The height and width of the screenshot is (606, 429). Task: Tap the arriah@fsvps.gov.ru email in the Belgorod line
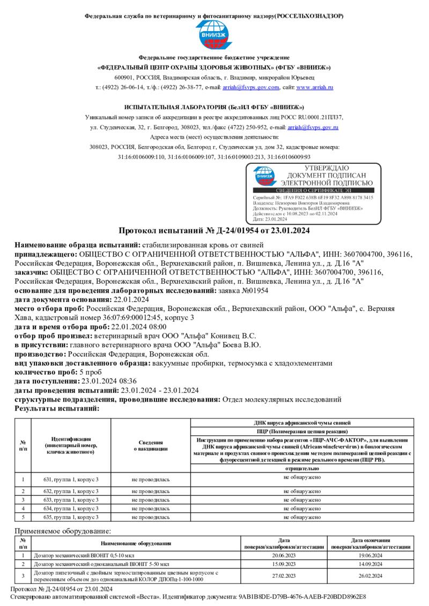[x=313, y=127]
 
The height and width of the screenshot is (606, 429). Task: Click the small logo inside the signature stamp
[x=265, y=176]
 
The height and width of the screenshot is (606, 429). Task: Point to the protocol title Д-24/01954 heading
[x=214, y=231]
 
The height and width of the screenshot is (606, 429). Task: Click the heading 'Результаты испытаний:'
[x=57, y=408]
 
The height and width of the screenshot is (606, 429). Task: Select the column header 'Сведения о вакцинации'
[x=151, y=445]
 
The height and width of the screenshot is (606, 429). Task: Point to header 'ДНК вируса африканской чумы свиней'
[x=302, y=422]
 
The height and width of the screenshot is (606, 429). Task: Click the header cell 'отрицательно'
[x=302, y=468]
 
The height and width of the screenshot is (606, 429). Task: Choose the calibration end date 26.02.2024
[x=371, y=575]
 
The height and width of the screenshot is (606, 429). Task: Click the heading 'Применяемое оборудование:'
[x=63, y=531]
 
